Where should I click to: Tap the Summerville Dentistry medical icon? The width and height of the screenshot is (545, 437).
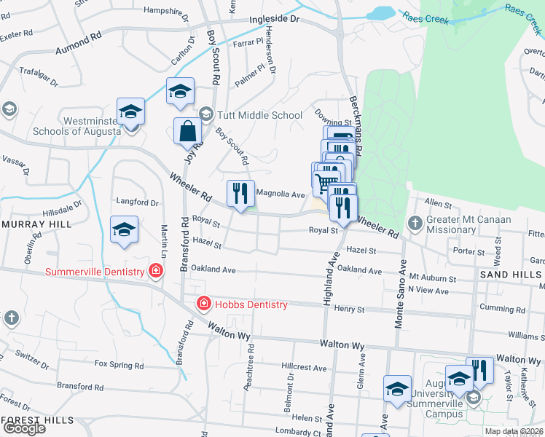click(155, 272)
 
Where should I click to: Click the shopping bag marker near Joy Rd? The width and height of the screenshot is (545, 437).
click(188, 131)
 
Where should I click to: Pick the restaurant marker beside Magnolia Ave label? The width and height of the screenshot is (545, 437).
click(240, 194)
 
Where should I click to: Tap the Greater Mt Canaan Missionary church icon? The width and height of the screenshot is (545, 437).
click(415, 223)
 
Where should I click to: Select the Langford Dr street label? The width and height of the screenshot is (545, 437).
click(138, 202)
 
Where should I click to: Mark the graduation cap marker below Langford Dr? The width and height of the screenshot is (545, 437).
click(125, 229)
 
